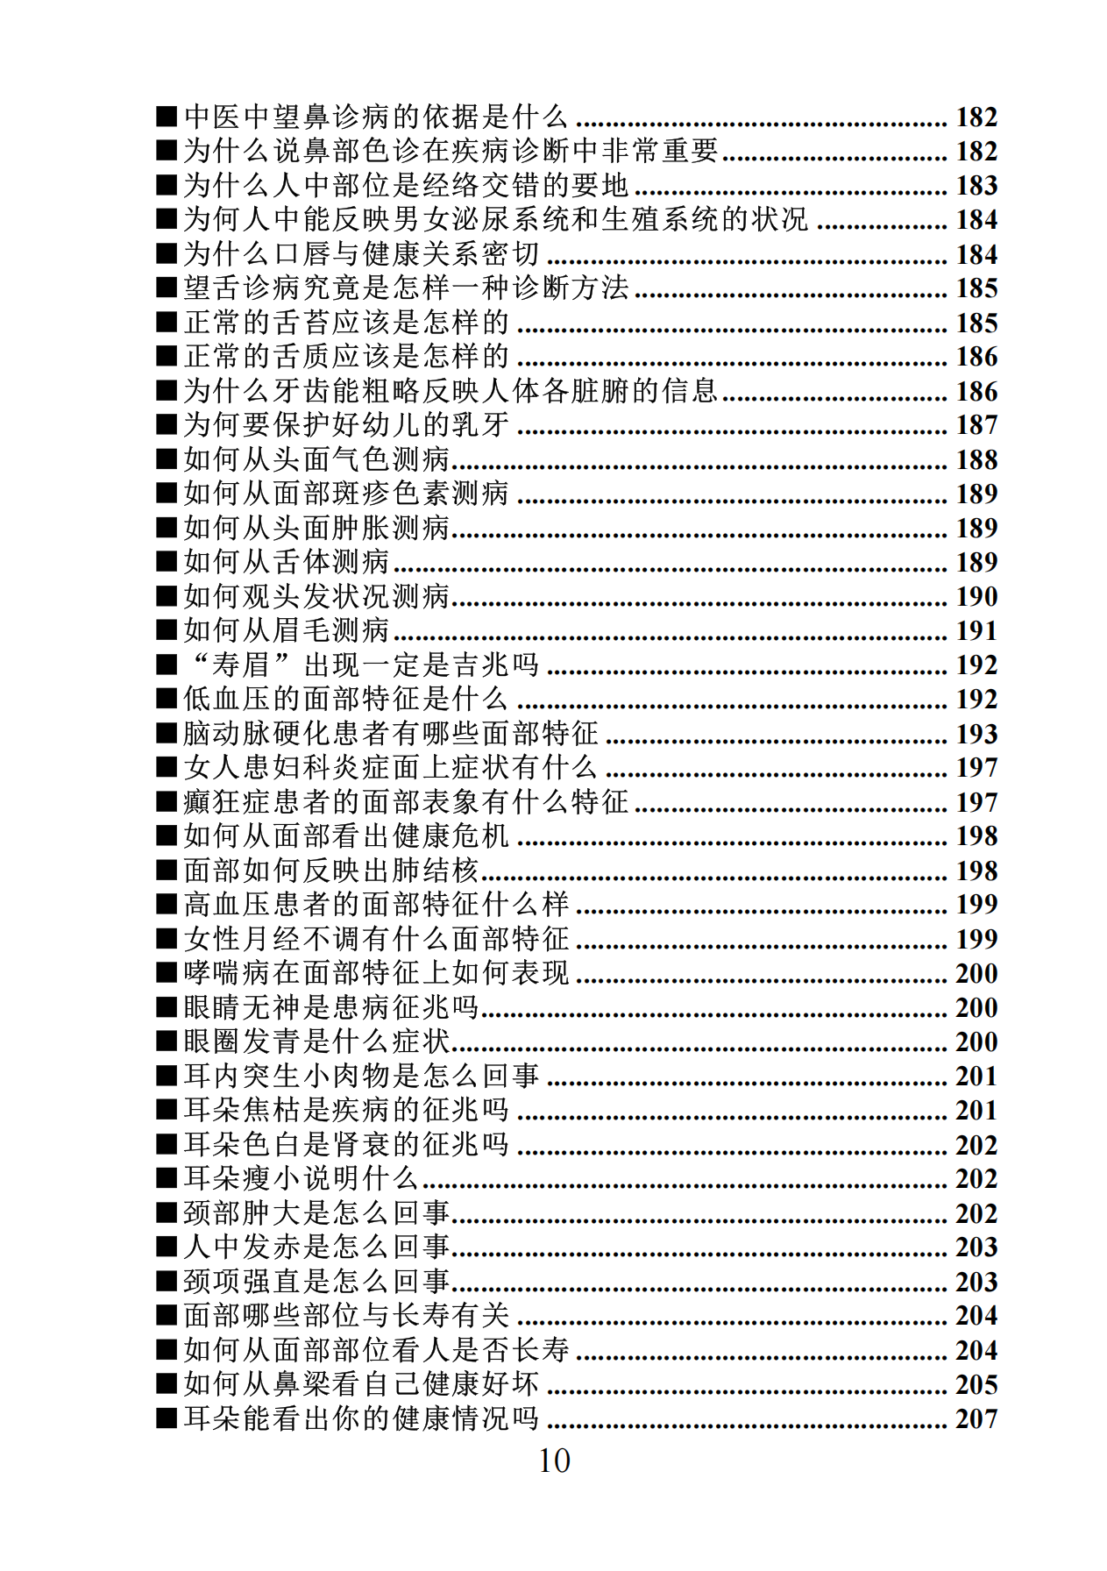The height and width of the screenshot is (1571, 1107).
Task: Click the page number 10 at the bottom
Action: click(x=554, y=1461)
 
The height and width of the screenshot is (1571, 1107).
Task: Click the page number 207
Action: click(x=976, y=1418)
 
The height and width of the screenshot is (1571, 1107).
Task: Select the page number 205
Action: click(x=976, y=1384)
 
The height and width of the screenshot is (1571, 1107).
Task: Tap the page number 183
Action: click(x=976, y=186)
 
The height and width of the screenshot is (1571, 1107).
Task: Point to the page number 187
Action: click(x=976, y=425)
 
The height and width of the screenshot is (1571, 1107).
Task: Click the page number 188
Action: click(x=976, y=459)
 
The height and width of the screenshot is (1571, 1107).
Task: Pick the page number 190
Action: click(x=976, y=596)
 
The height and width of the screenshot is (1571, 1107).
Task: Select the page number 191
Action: click(x=976, y=630)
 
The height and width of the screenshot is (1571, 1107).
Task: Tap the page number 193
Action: click(x=976, y=734)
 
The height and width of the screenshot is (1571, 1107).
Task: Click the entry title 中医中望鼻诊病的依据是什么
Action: click(x=376, y=117)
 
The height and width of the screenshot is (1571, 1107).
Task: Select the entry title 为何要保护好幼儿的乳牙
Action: click(x=346, y=425)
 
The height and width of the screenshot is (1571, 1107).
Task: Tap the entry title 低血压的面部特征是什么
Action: click(x=346, y=699)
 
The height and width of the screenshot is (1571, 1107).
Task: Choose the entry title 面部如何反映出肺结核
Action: click(x=331, y=871)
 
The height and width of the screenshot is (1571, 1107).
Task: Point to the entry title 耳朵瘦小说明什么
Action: click(x=301, y=1178)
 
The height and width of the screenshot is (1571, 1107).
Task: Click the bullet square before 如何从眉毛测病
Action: click(x=167, y=630)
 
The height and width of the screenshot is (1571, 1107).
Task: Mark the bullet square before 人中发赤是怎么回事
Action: click(x=167, y=1248)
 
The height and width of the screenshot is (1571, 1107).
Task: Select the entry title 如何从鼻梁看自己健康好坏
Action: click(x=361, y=1384)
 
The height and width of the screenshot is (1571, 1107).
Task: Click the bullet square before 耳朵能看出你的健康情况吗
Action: click(x=167, y=1418)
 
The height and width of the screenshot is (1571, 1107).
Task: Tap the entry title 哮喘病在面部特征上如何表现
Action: click(x=376, y=973)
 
